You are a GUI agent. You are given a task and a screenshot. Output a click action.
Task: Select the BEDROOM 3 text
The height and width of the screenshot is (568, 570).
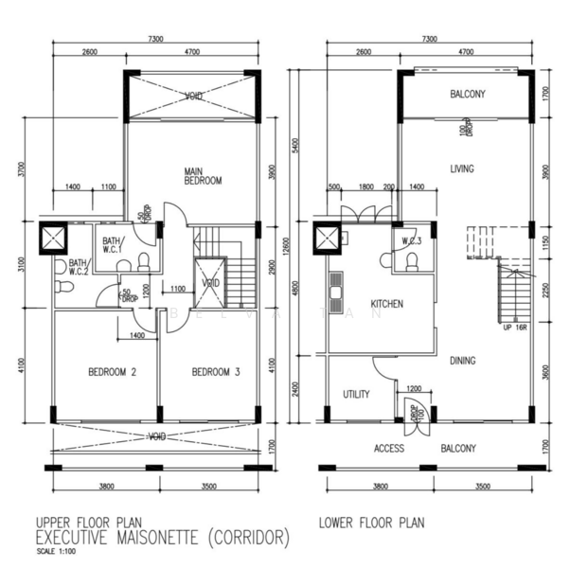click(x=216, y=372)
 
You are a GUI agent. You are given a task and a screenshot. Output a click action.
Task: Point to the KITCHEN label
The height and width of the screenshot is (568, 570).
click(x=387, y=305)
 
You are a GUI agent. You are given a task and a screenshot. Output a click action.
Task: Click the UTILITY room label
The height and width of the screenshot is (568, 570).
click(x=356, y=395)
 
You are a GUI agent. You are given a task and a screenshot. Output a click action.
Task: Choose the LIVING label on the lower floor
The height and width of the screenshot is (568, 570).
click(x=462, y=169)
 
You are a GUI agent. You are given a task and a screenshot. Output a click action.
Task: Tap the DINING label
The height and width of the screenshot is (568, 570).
click(x=462, y=360)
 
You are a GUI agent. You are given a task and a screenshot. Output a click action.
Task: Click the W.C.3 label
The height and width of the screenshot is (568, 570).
click(x=412, y=240)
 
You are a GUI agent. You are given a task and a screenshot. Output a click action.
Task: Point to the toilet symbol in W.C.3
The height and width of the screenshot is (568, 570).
click(x=412, y=261)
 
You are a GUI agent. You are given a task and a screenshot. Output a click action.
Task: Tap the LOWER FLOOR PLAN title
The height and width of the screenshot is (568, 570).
click(x=371, y=522)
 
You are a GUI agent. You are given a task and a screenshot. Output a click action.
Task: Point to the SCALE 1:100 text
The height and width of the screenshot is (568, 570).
click(x=57, y=553)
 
